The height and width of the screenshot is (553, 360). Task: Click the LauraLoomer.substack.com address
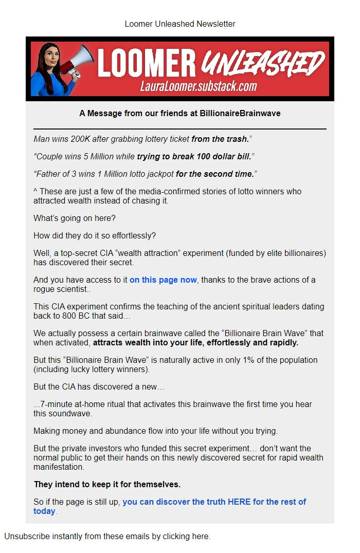tap(199, 86)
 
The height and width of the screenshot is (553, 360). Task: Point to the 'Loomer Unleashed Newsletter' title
tap(180, 24)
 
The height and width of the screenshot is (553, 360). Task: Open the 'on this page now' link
tap(163, 280)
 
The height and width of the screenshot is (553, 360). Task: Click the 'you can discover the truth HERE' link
tap(214, 502)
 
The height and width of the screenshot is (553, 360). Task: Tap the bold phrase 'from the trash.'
tap(221, 139)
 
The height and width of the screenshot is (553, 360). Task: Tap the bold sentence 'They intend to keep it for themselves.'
tap(107, 484)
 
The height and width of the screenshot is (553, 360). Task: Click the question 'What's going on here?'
tap(75, 218)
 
